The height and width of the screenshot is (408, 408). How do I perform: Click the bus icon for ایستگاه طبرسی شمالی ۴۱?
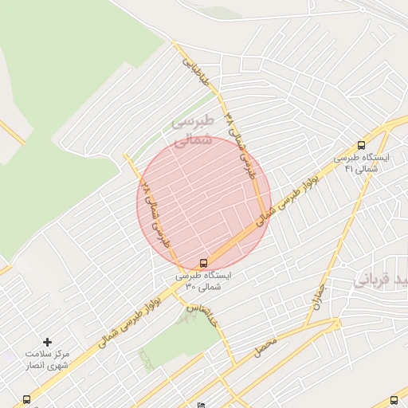tap(362, 145)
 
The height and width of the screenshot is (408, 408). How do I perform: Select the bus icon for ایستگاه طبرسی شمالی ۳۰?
tap(204, 262)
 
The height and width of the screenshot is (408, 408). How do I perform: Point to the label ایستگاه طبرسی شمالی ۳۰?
tap(206, 280)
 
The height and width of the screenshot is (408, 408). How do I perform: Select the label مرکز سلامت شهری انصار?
tap(47, 359)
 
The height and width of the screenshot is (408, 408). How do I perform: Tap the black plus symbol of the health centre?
tap(47, 342)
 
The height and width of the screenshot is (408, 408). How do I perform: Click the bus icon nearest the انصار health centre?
tap(27, 399)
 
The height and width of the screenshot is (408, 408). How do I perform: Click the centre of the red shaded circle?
tap(204, 203)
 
